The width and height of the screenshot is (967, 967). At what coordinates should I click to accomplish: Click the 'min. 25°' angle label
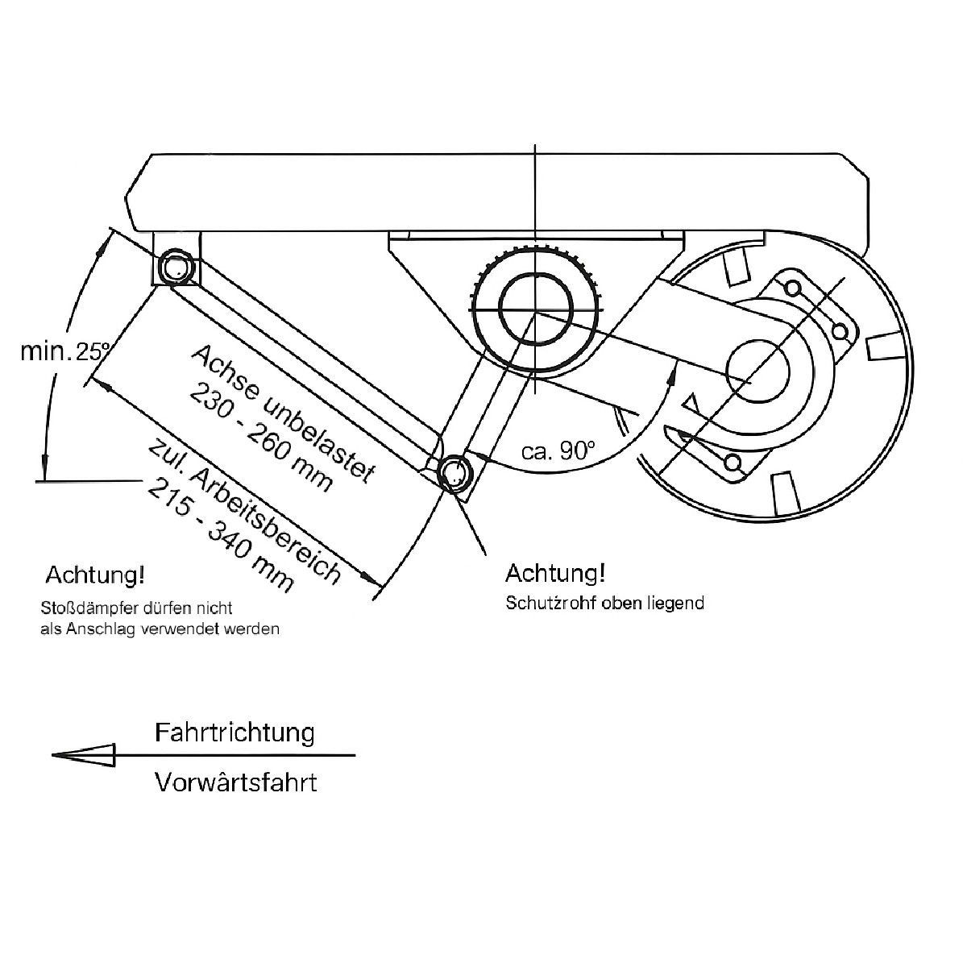point(64,351)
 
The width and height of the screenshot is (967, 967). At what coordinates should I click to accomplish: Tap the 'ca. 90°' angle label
point(558,450)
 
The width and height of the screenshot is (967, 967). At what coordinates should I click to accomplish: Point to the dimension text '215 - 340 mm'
point(220,536)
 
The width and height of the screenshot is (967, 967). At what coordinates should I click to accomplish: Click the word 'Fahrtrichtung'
point(234,733)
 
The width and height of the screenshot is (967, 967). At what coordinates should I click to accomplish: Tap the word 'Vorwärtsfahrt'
point(236,782)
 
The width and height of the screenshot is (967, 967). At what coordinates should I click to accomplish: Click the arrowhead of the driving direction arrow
point(83,755)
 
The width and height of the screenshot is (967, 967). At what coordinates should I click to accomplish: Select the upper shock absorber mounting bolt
point(176,267)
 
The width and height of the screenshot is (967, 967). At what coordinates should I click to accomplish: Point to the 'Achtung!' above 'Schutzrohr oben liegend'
point(555,573)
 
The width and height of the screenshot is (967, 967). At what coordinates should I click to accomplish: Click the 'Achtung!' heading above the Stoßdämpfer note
point(95,575)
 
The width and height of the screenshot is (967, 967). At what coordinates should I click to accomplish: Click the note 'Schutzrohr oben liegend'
point(604,603)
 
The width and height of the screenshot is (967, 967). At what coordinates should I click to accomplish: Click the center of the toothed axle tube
point(535,311)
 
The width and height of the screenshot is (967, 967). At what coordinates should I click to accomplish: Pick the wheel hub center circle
point(757,370)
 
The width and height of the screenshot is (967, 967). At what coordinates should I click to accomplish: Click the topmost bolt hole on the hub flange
point(792,288)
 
